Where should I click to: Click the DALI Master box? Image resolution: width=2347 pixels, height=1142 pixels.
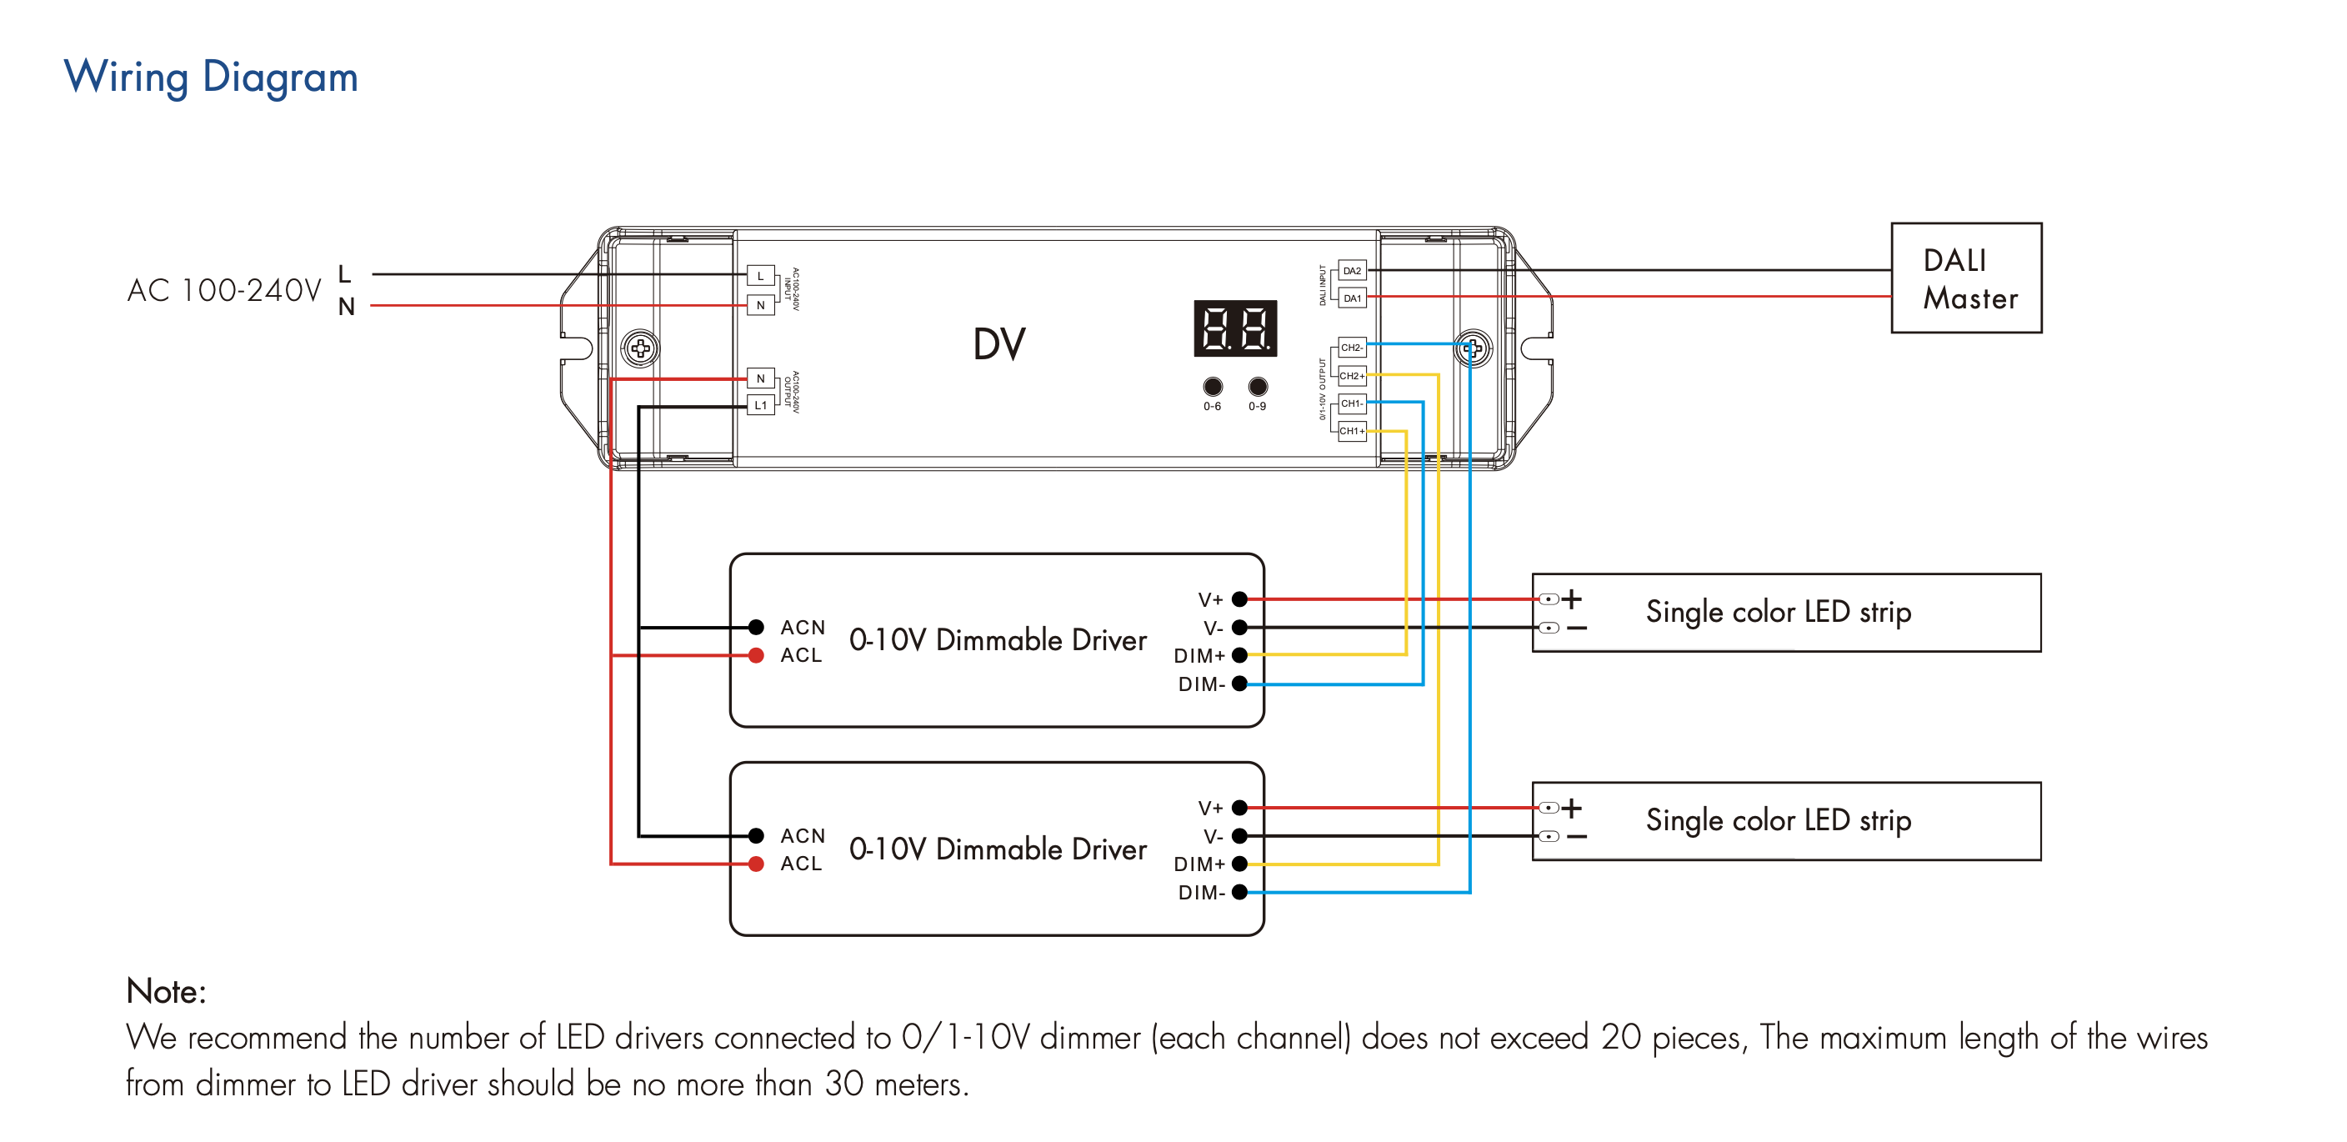coord(1965,278)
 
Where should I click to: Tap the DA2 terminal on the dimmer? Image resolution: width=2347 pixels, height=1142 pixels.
coord(1351,271)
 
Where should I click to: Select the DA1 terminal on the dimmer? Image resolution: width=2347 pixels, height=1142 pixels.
coord(1351,298)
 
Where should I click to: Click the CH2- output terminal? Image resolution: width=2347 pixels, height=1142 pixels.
coord(1351,348)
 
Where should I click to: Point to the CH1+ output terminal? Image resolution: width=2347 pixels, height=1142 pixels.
coord(1351,431)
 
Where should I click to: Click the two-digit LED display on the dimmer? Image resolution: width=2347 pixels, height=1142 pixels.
coord(1234,328)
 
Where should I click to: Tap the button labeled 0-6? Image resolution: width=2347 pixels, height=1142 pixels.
coord(1212,387)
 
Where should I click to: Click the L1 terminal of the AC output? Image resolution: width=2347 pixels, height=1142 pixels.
coord(760,406)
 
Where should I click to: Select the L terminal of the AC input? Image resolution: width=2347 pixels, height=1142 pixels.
coord(760,275)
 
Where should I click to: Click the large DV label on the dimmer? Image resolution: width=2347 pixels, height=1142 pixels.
coord(998,344)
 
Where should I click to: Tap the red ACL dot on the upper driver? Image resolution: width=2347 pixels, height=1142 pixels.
coord(755,655)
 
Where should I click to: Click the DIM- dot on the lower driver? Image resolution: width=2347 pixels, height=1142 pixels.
coord(1239,892)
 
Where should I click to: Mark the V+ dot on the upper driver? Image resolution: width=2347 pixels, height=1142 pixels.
coord(1239,599)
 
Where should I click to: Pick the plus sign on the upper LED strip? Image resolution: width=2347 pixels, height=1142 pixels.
coord(1572,599)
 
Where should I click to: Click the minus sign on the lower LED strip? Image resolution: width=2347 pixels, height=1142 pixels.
coord(1576,837)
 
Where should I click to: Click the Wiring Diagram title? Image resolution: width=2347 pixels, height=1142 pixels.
coord(211,77)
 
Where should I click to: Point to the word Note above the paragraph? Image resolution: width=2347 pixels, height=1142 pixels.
coord(166,992)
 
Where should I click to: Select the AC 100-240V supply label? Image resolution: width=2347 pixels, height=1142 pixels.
coord(224,291)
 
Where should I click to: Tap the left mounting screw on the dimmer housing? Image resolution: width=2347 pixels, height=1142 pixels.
coord(640,348)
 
